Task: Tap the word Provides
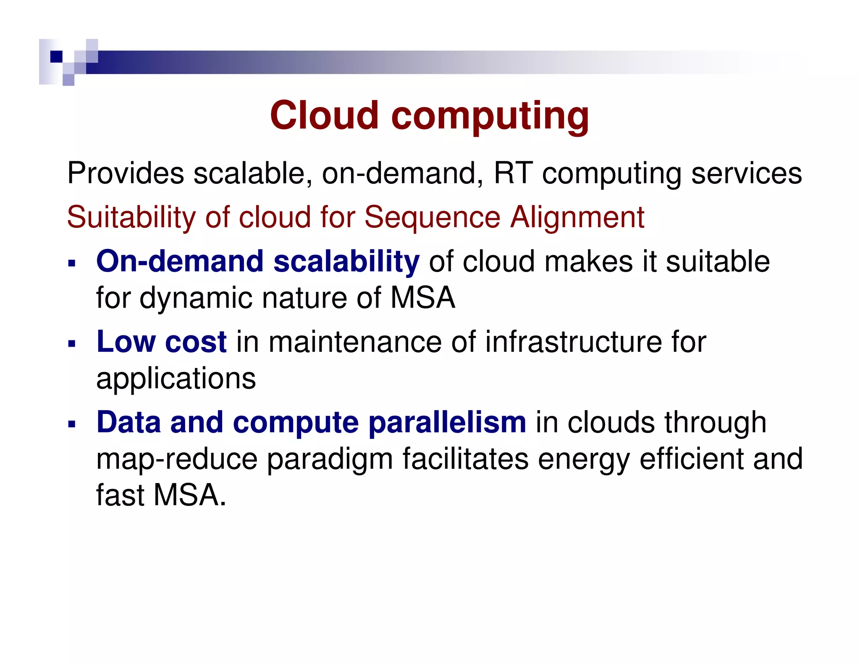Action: click(x=126, y=173)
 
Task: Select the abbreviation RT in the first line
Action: click(x=513, y=173)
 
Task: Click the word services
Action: click(x=746, y=173)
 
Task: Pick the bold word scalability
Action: click(x=346, y=261)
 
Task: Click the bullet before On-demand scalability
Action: click(x=72, y=264)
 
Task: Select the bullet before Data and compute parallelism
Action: click(x=72, y=424)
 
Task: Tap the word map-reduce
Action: click(x=176, y=459)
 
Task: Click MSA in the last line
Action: click(x=186, y=495)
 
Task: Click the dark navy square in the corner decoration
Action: click(x=56, y=56)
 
